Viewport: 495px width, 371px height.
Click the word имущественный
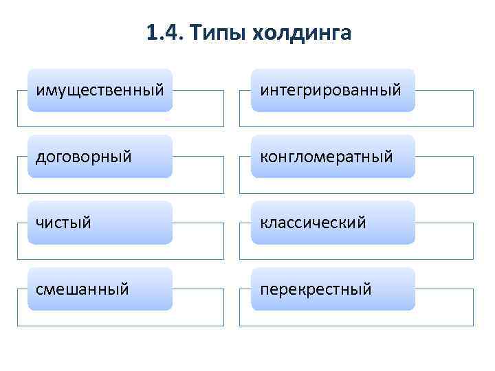[x=100, y=91]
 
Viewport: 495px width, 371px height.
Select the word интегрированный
[x=330, y=91]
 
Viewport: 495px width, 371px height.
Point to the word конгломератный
[x=326, y=157]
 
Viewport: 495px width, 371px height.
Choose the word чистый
[x=63, y=223]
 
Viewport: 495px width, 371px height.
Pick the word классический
[x=313, y=223]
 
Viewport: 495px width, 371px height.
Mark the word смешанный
[x=82, y=289]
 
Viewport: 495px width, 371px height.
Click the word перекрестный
[x=316, y=289]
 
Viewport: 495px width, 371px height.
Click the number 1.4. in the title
[x=163, y=33]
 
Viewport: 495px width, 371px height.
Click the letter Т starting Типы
[x=194, y=32]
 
